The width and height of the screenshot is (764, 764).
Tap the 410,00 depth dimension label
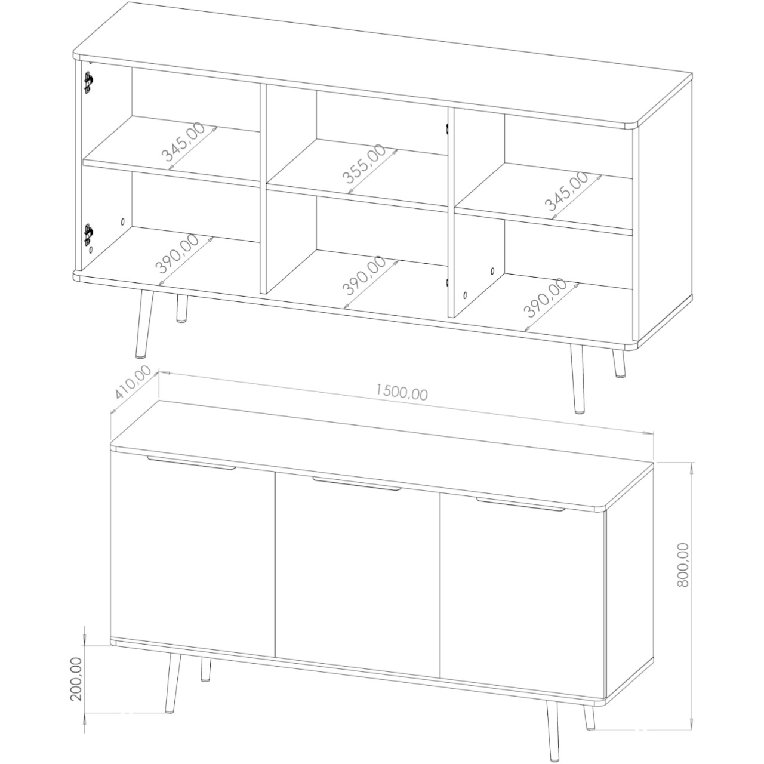(133, 382)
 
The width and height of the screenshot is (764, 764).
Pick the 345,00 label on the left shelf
(184, 141)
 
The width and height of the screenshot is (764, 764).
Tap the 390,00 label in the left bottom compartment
(178, 253)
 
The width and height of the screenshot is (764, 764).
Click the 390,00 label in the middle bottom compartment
(365, 276)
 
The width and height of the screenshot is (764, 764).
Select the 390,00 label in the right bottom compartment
(545, 298)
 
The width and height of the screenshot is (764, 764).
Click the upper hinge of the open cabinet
(89, 82)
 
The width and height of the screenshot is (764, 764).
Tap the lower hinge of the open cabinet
(89, 235)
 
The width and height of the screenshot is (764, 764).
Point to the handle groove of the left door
(192, 463)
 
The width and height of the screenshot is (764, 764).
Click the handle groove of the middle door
(357, 485)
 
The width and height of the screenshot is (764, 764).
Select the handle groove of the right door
(520, 504)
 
